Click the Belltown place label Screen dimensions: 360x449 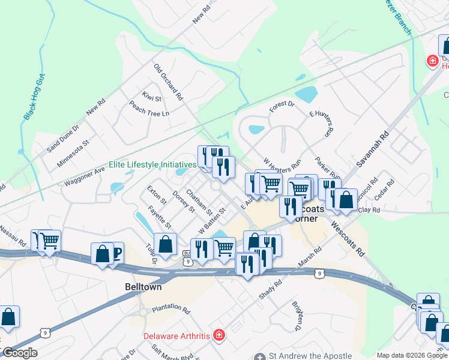[x=143, y=287]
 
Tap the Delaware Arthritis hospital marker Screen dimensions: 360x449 [x=219, y=334]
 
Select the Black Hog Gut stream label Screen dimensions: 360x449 [x=34, y=97]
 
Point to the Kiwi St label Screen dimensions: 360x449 [x=148, y=95]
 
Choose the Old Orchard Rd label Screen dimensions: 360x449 [x=168, y=82]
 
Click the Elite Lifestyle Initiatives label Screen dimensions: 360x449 [x=152, y=164]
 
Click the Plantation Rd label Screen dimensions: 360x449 [x=170, y=308]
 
